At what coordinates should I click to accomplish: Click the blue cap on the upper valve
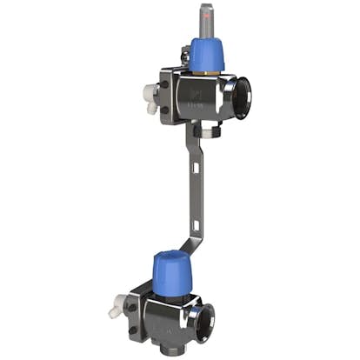click(x=207, y=55)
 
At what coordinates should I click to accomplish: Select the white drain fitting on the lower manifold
click(x=113, y=307)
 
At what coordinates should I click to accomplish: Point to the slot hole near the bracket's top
click(x=193, y=139)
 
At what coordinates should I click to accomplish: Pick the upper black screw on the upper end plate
click(x=183, y=60)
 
